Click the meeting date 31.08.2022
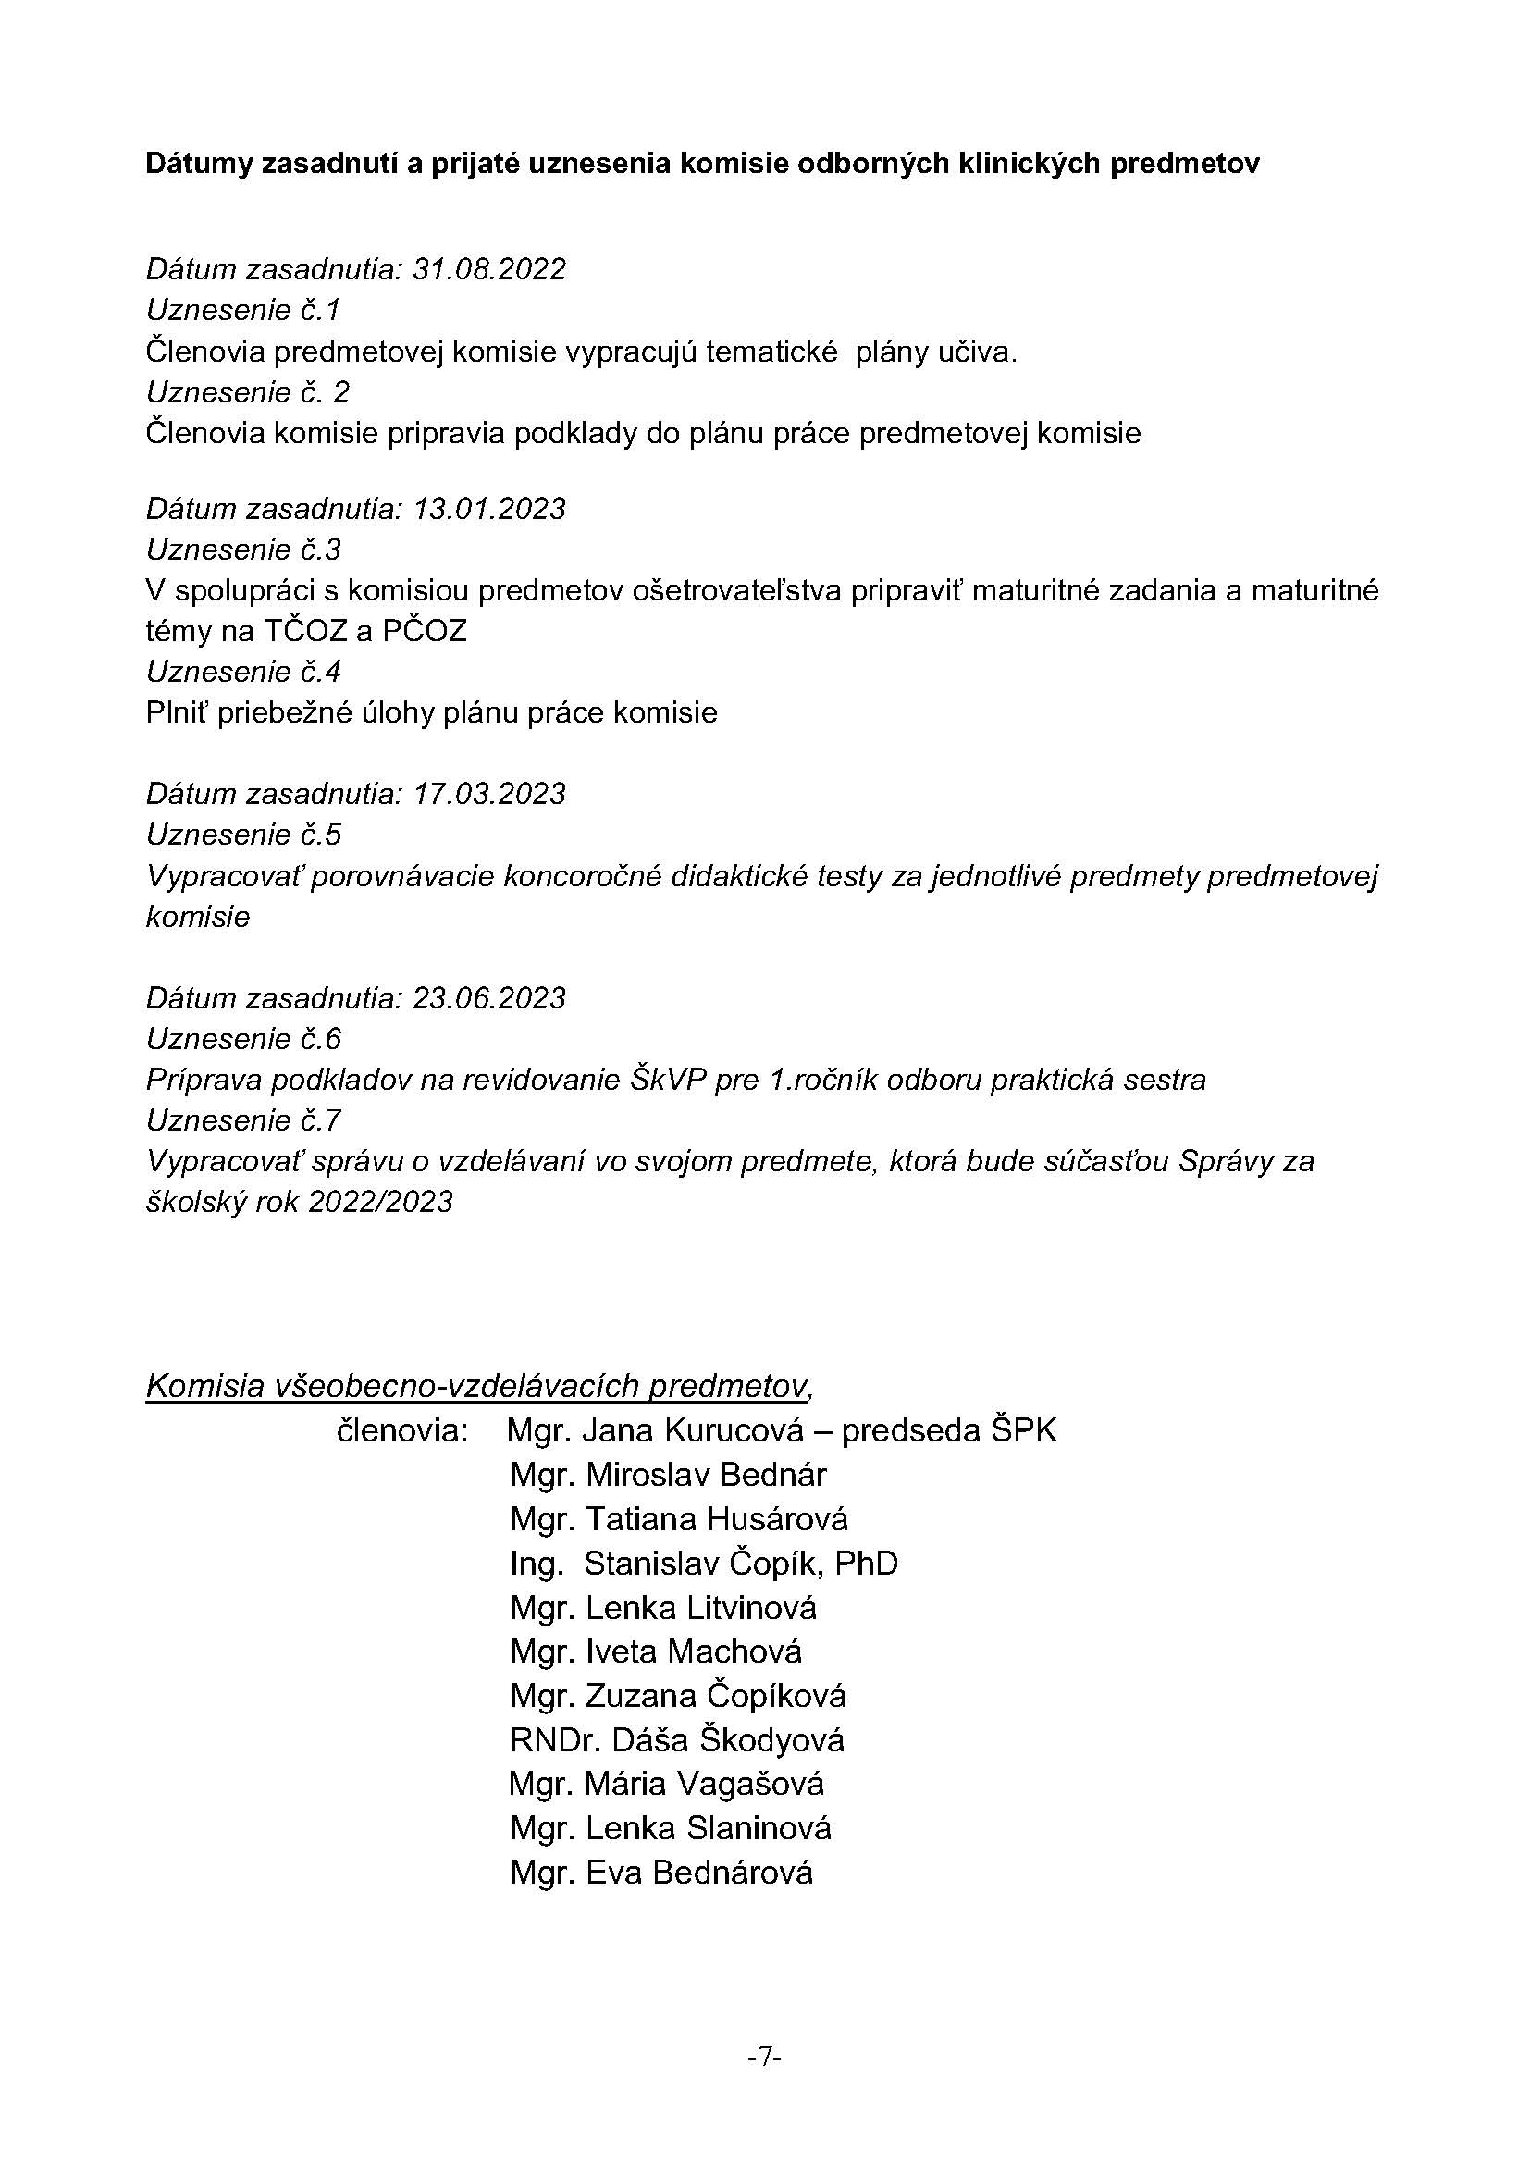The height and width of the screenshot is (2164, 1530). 489,269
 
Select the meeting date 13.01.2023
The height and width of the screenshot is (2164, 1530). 489,509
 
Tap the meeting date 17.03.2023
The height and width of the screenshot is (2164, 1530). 489,794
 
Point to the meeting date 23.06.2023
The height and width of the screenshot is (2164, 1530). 489,997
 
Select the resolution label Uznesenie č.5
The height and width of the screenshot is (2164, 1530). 243,835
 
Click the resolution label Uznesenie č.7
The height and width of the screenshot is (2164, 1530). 243,1119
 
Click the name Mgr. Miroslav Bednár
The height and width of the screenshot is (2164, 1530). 668,1475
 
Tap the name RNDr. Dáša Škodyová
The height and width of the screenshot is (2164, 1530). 676,1740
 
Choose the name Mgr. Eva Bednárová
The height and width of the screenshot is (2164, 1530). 660,1873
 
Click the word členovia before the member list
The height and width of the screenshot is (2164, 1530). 402,1430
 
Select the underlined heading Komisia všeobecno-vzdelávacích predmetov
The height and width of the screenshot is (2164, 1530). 477,1387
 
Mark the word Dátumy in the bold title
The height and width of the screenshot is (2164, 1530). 199,164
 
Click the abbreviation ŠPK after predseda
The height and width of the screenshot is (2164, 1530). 1024,1430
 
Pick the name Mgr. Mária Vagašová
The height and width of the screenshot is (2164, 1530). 666,1784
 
